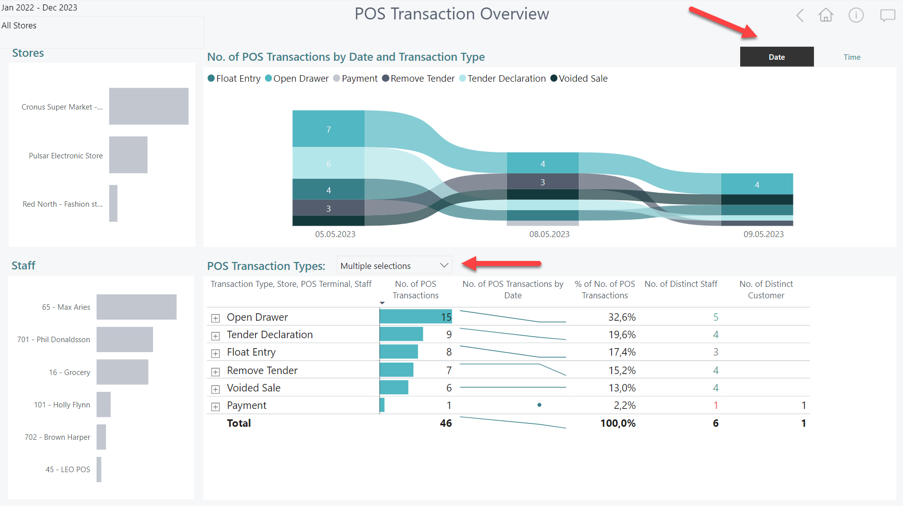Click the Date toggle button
click(x=776, y=57)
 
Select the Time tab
click(x=852, y=57)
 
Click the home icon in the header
click(x=826, y=15)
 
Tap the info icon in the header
click(x=856, y=15)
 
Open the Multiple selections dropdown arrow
click(x=444, y=265)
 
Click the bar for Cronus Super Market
click(x=148, y=106)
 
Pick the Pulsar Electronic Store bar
click(x=128, y=155)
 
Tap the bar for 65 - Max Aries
click(x=136, y=307)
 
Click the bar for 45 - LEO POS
click(x=99, y=469)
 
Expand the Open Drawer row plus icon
click(x=216, y=318)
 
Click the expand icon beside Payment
click(x=216, y=406)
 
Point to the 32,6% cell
click(x=622, y=317)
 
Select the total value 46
click(x=446, y=423)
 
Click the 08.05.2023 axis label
click(x=549, y=234)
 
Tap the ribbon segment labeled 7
click(x=328, y=129)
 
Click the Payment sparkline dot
click(x=539, y=405)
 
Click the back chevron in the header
click(x=800, y=15)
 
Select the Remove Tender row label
click(x=262, y=371)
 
